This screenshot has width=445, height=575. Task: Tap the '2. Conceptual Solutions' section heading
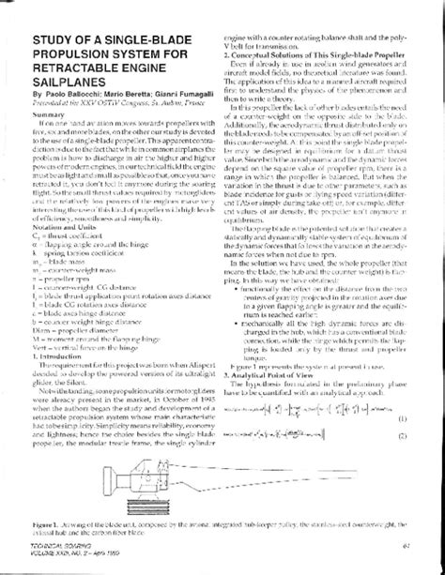tap(309, 56)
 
